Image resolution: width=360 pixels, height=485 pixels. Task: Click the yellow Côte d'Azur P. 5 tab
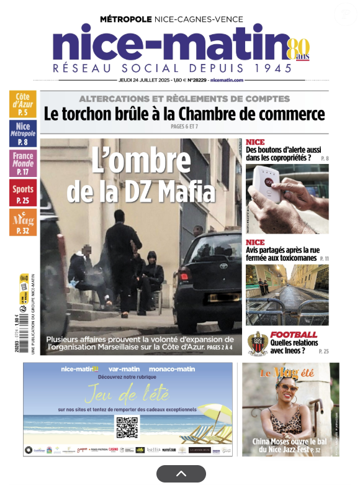(x=22, y=104)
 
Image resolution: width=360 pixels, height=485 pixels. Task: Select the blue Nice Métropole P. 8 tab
(x=22, y=133)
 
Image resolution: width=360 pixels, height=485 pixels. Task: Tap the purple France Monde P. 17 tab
(x=22, y=163)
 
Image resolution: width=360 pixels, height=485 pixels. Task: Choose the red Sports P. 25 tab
(x=22, y=193)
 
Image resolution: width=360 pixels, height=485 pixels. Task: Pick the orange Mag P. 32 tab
(x=22, y=222)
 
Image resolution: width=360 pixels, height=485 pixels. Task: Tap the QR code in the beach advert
(x=127, y=427)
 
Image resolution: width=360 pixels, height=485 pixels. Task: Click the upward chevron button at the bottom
(x=181, y=474)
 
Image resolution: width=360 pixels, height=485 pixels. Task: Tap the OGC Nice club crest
(x=258, y=343)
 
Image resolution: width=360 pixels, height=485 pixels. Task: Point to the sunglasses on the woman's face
(x=290, y=388)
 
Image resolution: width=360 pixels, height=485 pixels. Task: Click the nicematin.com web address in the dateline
(x=227, y=80)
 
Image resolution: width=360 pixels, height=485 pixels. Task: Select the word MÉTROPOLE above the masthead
(x=125, y=19)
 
